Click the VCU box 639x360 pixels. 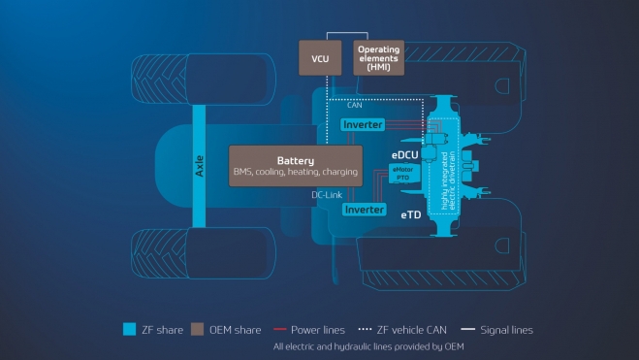[321, 58]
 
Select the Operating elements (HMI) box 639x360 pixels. [379, 58]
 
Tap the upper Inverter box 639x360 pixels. [364, 125]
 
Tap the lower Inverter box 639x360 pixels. [366, 210]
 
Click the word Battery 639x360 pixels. [295, 160]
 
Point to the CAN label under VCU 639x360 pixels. [340, 105]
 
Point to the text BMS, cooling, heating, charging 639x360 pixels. [295, 173]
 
